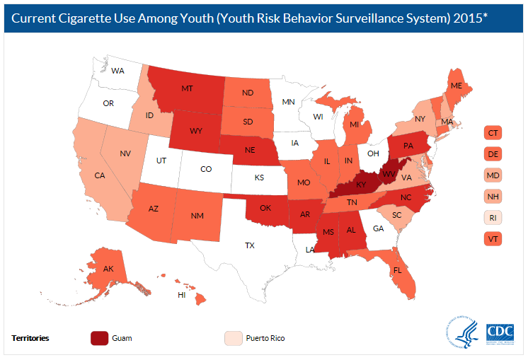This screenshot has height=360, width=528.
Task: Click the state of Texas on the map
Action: tap(249, 245)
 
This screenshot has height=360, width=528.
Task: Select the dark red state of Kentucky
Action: tap(361, 185)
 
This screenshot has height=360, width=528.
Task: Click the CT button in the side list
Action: tap(493, 132)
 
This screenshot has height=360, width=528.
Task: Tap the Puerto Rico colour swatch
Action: tap(233, 337)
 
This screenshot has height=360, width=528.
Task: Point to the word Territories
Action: tap(30, 338)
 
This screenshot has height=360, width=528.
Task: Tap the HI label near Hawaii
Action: tap(181, 295)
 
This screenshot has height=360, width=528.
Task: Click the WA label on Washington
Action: tap(117, 71)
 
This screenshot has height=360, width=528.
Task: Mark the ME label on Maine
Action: tap(457, 86)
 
